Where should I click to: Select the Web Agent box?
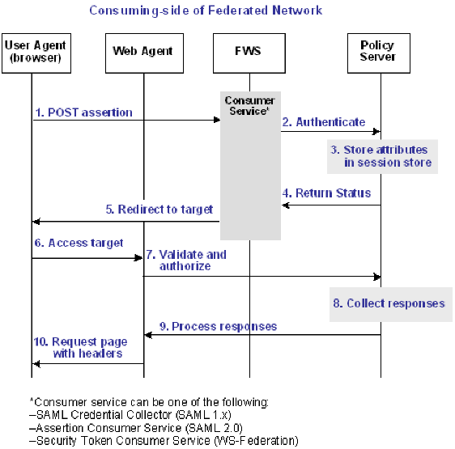[144, 51]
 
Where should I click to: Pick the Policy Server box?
[377, 51]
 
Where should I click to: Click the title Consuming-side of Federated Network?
[206, 11]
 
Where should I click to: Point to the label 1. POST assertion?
[83, 112]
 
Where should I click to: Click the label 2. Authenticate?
[324, 122]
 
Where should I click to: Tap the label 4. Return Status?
[327, 193]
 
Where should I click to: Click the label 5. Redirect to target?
[159, 209]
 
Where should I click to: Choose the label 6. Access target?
[79, 243]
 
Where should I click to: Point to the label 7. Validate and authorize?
[187, 260]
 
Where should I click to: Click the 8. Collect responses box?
[390, 303]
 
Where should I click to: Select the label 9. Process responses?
[217, 326]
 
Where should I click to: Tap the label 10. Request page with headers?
[79, 347]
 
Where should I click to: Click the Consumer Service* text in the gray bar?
[249, 106]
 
